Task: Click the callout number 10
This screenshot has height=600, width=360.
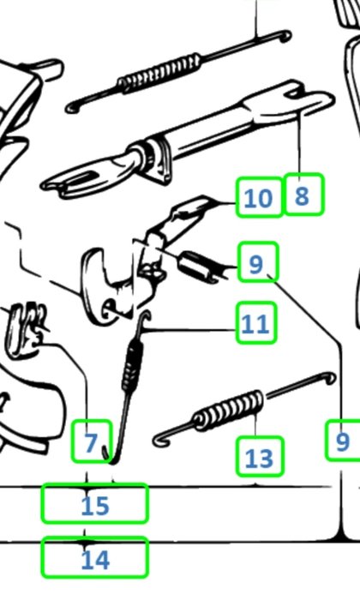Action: pyautogui.click(x=259, y=197)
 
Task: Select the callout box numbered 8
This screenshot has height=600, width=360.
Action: pyautogui.click(x=303, y=194)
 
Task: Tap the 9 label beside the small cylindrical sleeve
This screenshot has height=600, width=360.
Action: pyautogui.click(x=257, y=262)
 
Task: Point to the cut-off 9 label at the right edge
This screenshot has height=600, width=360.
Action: pyautogui.click(x=343, y=439)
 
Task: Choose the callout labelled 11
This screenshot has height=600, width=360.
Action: pyautogui.click(x=256, y=322)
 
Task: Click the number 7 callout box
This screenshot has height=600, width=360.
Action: pyautogui.click(x=92, y=441)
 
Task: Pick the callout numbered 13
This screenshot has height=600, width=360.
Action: pyautogui.click(x=260, y=457)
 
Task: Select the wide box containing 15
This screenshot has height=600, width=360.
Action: pyautogui.click(x=95, y=503)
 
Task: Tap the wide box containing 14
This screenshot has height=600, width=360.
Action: pyautogui.click(x=95, y=557)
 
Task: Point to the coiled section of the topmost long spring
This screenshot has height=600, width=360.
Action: pyautogui.click(x=159, y=72)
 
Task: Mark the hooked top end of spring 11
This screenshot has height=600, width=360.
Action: pyautogui.click(x=144, y=320)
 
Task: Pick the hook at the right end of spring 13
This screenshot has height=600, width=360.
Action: pyautogui.click(x=330, y=378)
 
